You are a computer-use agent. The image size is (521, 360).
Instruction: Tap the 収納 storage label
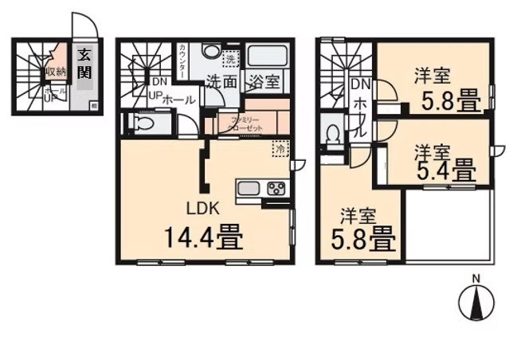point(55,72)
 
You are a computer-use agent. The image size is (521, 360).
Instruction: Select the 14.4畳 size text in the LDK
point(203,237)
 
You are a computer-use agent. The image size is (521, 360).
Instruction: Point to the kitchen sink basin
point(248,189)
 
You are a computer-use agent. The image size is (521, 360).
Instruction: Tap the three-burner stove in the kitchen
point(276,189)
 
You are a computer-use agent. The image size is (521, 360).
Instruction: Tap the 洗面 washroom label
point(221,80)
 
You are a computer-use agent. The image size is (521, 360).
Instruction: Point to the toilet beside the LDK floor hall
point(144,125)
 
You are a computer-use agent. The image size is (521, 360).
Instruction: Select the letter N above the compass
point(476,278)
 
